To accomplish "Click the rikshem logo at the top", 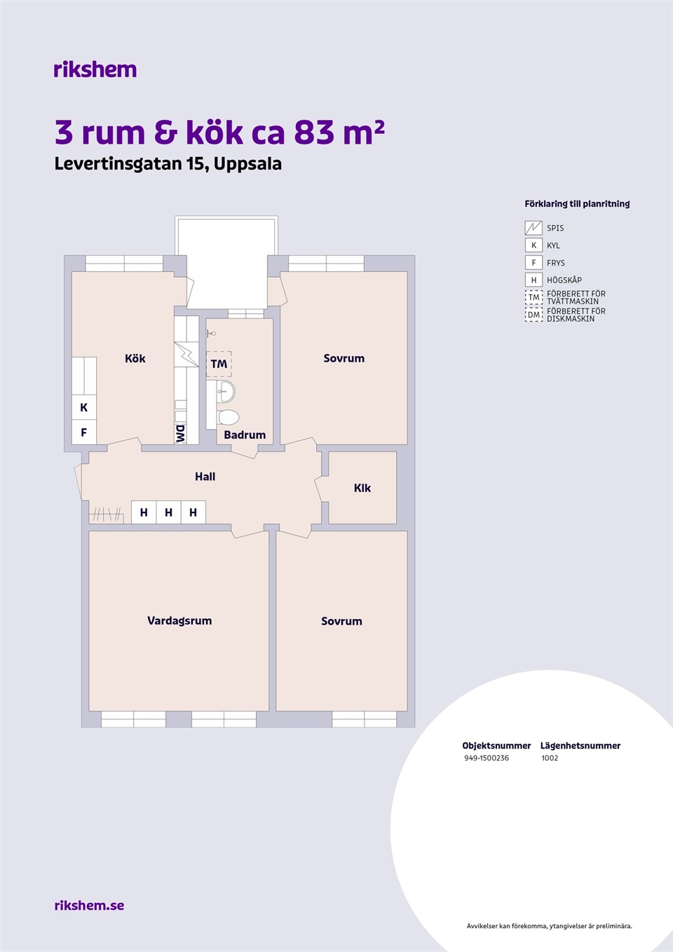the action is tap(95, 69).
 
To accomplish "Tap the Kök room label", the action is tap(135, 358).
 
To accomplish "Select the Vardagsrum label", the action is tap(179, 621).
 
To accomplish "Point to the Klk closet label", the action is tap(362, 488).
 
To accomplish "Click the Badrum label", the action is tap(245, 435).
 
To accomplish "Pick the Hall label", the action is tap(205, 477).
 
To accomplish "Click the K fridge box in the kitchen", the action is tap(84, 407).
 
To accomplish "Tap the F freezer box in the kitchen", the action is tap(84, 433).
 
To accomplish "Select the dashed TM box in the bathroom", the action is tap(219, 365).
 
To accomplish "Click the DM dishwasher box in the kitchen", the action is tap(181, 434).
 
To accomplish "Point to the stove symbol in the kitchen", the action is tap(186, 355).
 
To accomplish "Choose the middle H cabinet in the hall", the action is tap(169, 512).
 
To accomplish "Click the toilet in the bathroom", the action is tap(228, 417).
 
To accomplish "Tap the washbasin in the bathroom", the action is tap(226, 391).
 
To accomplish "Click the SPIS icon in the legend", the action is tap(533, 228).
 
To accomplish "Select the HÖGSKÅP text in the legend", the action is tap(564, 280).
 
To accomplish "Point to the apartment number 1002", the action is tap(550, 758).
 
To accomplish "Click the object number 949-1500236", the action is tap(487, 758).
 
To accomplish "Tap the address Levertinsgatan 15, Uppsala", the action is tap(168, 164).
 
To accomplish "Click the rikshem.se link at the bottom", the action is tap(90, 905).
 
